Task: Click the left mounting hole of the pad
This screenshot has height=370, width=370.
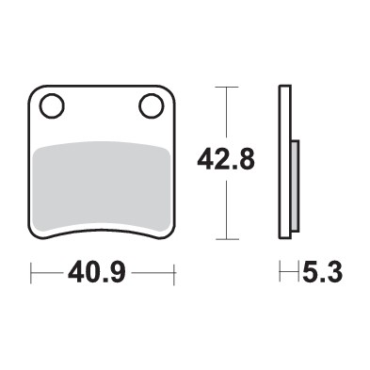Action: (x=53, y=105)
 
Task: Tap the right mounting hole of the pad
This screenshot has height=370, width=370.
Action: (x=151, y=105)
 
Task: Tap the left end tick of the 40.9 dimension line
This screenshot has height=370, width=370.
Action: (x=32, y=275)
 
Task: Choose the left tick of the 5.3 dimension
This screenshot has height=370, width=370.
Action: (x=280, y=275)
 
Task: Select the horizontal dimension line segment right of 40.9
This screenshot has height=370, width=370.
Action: (x=151, y=275)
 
